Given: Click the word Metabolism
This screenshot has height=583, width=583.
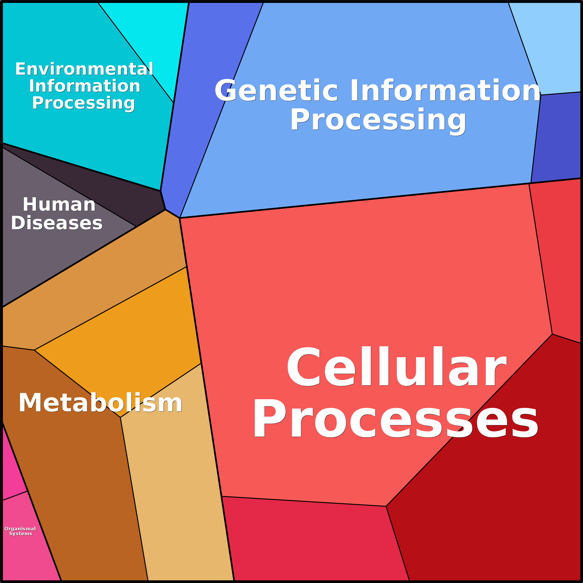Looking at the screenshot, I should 100,403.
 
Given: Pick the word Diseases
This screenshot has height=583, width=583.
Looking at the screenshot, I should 57,223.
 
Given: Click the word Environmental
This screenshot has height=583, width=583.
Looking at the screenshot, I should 84,69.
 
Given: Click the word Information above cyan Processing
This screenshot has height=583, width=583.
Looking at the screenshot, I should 84,86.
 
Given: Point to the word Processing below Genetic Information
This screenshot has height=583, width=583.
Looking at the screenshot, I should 378,120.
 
